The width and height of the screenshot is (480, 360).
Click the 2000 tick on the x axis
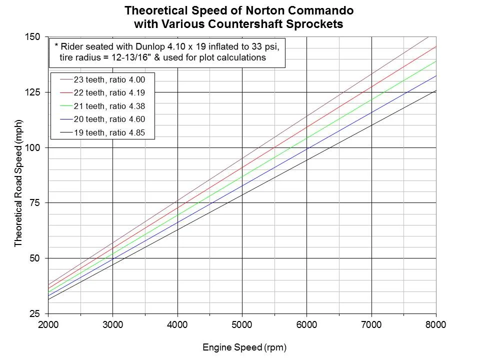(x=48, y=324)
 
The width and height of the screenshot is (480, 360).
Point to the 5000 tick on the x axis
(x=242, y=324)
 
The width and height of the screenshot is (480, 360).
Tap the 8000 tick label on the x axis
(x=436, y=324)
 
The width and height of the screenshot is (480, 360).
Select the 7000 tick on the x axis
(x=371, y=324)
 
